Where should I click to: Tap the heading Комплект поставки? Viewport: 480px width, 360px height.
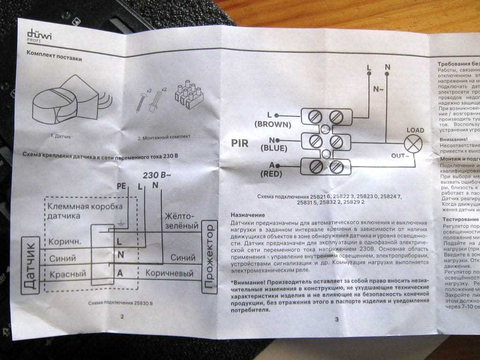click(x=56, y=59)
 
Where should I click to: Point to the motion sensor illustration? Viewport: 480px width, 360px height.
click(x=66, y=104)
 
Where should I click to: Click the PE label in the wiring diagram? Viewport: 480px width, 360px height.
click(x=121, y=187)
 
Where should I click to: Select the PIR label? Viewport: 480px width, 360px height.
click(x=240, y=143)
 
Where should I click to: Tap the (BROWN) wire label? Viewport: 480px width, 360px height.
click(x=272, y=125)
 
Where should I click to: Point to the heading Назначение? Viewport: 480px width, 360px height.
click(x=248, y=214)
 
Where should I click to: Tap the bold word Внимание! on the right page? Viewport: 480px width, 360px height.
click(x=453, y=139)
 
